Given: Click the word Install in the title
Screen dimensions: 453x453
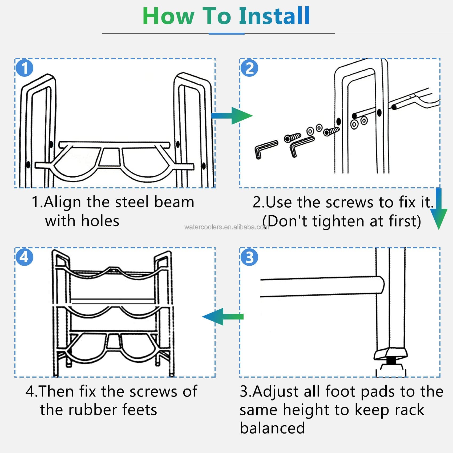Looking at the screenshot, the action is tap(274, 16).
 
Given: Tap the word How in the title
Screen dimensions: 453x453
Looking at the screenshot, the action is tap(168, 16).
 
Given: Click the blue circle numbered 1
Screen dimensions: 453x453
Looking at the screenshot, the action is tap(25, 68).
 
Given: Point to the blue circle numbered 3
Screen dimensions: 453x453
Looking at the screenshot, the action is tap(249, 257).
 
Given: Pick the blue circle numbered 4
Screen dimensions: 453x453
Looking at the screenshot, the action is tap(25, 257).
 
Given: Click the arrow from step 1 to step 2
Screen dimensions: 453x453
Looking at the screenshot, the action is tap(232, 116).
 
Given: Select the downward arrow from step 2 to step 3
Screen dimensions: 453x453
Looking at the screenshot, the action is tap(439, 209).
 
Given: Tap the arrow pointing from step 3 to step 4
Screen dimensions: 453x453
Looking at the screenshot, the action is tap(223, 317).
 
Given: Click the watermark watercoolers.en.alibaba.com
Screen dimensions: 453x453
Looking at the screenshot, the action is tap(226, 227).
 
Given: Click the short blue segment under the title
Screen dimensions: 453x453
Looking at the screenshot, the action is tap(226, 34).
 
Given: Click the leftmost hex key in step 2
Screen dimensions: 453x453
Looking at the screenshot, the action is tap(266, 149).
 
